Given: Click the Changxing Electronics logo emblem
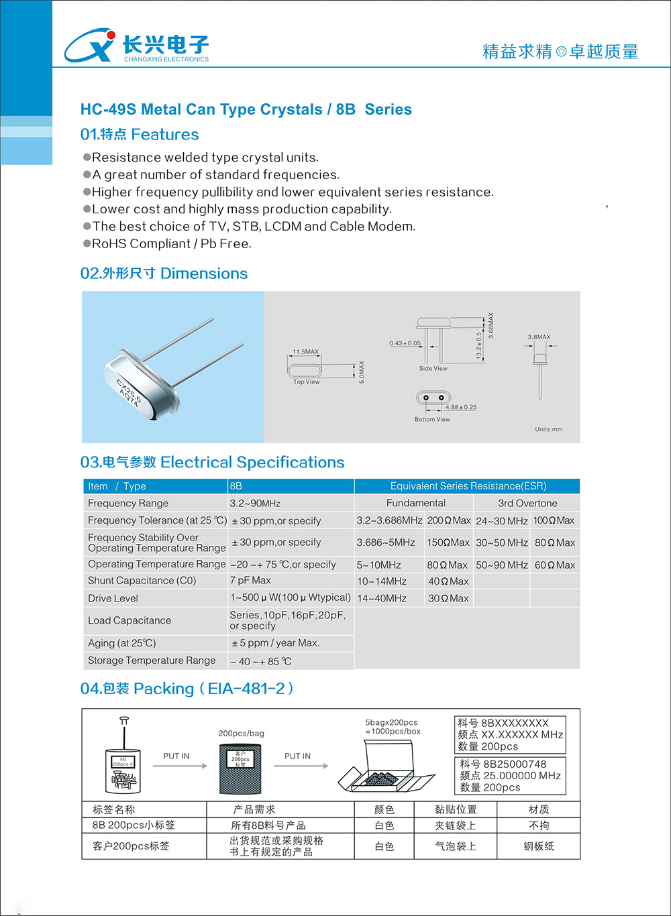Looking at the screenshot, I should [x=89, y=46].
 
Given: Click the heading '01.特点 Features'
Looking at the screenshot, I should [x=140, y=135].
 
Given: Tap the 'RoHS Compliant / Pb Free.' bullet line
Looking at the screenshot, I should [x=171, y=244].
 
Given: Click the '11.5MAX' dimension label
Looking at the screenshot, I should [x=306, y=351].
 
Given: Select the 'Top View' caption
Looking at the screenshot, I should [x=307, y=382].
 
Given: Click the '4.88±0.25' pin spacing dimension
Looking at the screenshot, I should [x=461, y=407].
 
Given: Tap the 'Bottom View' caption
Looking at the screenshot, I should [x=432, y=420].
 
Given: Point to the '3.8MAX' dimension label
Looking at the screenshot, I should [x=539, y=337].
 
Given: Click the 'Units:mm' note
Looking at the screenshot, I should [x=549, y=429].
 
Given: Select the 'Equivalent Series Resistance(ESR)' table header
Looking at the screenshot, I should [x=468, y=486].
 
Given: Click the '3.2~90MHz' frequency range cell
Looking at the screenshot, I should [x=255, y=504].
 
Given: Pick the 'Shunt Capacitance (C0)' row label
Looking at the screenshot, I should [x=142, y=581].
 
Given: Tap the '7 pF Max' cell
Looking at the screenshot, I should [x=250, y=581].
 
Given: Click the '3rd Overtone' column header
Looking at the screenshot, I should [x=527, y=504].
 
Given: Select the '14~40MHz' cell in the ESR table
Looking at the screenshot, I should [x=382, y=598].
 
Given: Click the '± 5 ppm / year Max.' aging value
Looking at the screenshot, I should [x=275, y=643].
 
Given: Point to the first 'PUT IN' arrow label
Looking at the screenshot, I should [x=176, y=756].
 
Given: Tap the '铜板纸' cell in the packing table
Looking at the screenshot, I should [x=539, y=846].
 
